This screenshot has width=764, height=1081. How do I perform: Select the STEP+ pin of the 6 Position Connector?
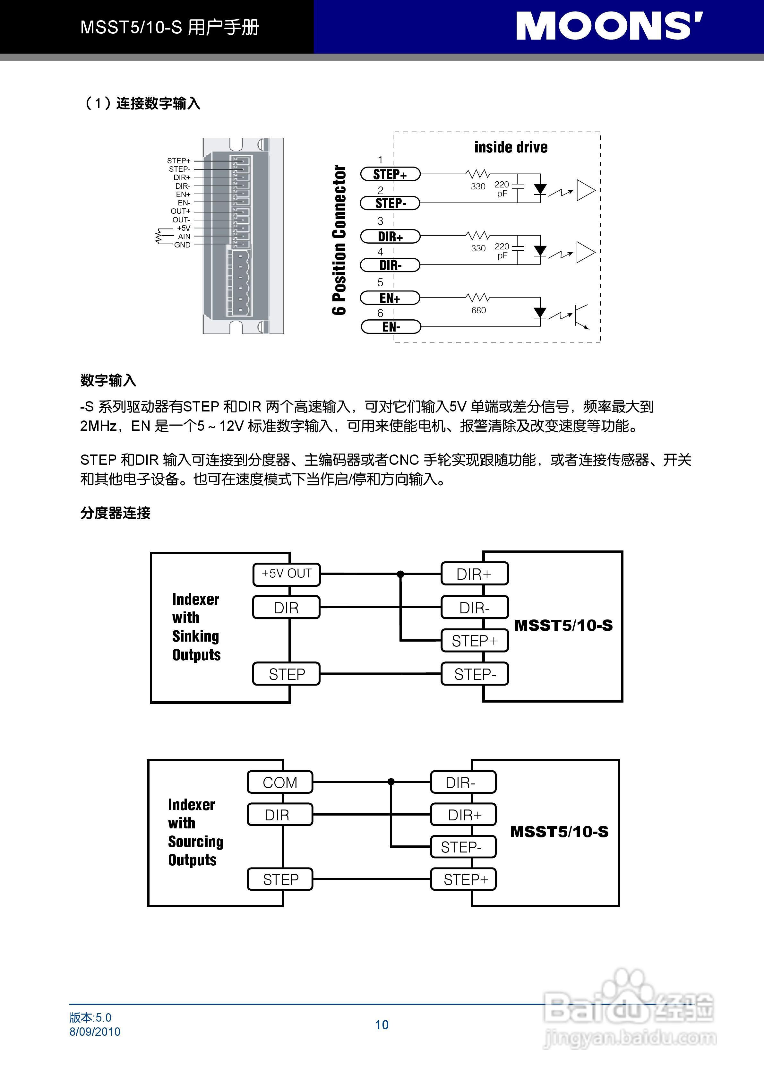tap(390, 174)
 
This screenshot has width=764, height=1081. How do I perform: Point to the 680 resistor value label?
tap(478, 310)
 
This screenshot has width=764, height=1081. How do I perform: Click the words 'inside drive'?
tap(511, 147)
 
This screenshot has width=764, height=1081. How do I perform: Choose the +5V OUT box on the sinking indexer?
tap(287, 574)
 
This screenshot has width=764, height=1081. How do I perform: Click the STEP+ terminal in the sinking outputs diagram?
tap(475, 641)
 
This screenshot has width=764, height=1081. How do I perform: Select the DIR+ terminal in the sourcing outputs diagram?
tap(464, 815)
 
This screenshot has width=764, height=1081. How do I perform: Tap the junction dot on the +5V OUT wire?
tap(400, 574)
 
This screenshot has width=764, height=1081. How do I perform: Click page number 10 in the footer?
tap(382, 1025)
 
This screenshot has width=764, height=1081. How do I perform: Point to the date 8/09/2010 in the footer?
tap(95, 1032)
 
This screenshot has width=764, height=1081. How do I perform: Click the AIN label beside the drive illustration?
tap(184, 236)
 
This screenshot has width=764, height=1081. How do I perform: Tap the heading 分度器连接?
tap(115, 513)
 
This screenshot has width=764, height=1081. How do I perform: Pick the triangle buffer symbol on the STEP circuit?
tap(586, 190)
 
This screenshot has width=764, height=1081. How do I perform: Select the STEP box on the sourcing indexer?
tap(280, 879)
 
